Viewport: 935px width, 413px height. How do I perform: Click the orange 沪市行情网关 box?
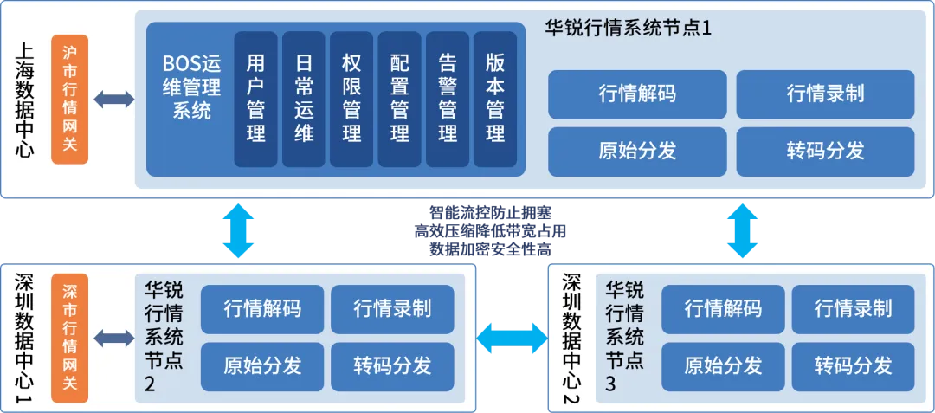coord(70,99)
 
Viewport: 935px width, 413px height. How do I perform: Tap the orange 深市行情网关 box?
coord(70,338)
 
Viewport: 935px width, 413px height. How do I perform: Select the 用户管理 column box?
coord(255,99)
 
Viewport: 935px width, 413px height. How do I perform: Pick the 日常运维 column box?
coord(304,99)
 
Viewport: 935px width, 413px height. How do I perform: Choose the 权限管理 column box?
coord(351,99)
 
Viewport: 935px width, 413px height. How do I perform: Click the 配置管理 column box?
coord(399,99)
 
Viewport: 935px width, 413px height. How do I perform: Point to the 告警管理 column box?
coord(448,99)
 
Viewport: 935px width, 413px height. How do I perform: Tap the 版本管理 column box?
coord(495,99)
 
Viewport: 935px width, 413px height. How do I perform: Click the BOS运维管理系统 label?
coord(191,87)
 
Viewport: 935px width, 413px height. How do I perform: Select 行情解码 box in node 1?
coord(637,94)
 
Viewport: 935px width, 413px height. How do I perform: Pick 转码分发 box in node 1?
coord(825,151)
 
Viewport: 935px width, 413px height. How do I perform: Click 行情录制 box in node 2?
coord(392,308)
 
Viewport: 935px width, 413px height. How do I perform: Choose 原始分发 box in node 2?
coord(261,365)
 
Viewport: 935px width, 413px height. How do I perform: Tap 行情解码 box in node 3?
coord(723,308)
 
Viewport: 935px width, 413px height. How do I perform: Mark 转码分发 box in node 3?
coord(853,365)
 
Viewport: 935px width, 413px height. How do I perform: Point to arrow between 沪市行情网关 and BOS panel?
coord(114,99)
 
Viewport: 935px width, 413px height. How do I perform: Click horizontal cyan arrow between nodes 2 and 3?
coord(513,337)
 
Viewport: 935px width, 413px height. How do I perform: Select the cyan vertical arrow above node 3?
coord(742,230)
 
